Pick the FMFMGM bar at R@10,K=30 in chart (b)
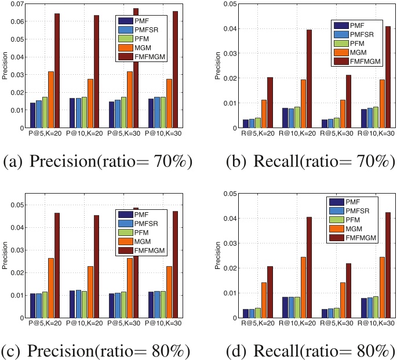[388, 77]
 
